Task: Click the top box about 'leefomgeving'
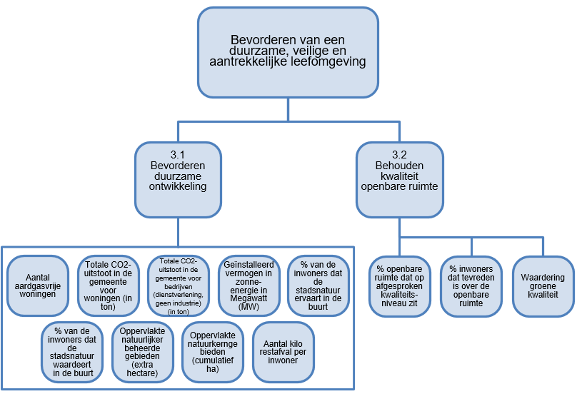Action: (288, 52)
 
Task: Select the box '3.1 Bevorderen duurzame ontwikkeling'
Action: (179, 180)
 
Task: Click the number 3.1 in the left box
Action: (178, 155)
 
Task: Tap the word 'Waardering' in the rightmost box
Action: (543, 278)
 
